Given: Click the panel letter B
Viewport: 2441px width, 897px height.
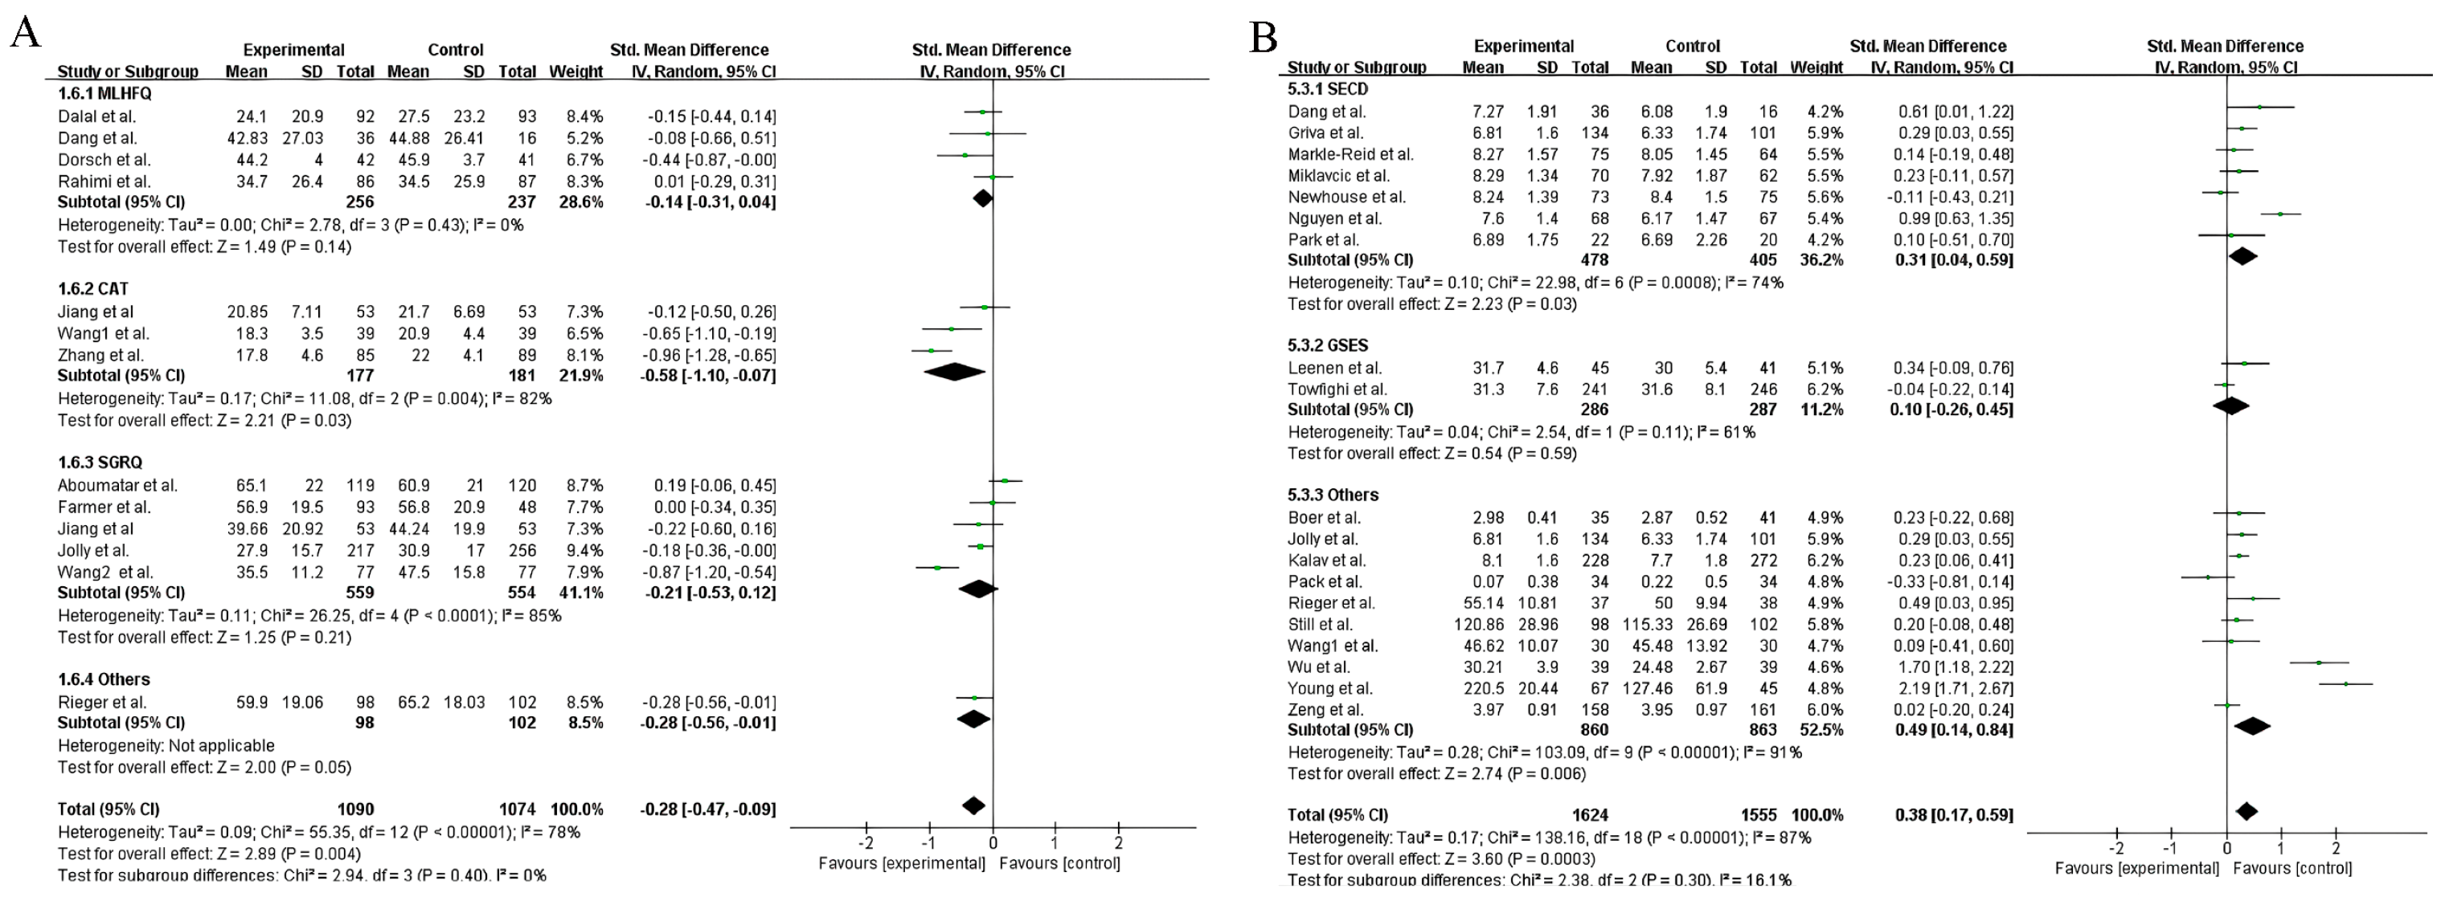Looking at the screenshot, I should click(x=1264, y=38).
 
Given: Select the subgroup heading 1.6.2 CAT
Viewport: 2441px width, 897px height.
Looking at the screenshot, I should click(x=93, y=289).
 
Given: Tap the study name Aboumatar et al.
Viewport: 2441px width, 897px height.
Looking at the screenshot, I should click(x=117, y=485).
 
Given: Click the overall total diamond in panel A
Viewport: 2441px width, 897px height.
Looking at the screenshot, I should click(x=973, y=806).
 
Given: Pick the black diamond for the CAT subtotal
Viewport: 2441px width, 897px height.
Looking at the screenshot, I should click(x=954, y=373).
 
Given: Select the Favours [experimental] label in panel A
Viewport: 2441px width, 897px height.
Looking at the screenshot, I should click(x=902, y=863).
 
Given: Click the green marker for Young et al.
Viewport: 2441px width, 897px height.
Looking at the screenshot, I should click(x=2346, y=684).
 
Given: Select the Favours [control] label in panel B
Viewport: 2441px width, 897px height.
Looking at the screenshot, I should click(x=2292, y=867).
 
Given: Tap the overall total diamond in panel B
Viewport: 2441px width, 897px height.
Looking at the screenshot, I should click(x=2246, y=811).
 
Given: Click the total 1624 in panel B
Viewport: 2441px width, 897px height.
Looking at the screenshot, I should click(x=1590, y=814).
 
